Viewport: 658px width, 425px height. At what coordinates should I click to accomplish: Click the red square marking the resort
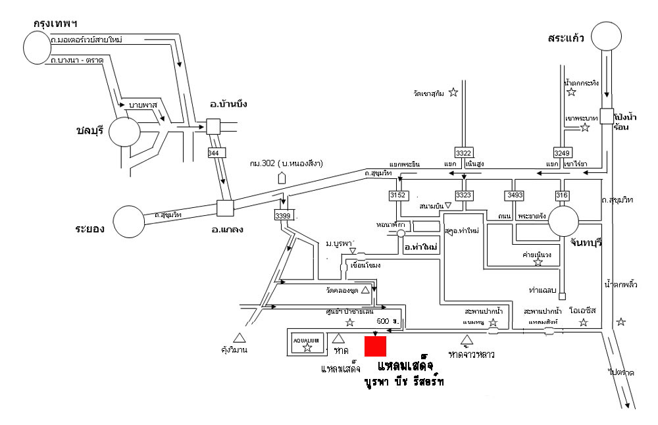pos(375,345)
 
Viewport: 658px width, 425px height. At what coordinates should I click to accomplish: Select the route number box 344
pos(213,153)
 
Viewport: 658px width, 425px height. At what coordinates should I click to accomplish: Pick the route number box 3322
pos(464,151)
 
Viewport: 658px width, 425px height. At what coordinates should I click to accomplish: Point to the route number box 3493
pos(514,195)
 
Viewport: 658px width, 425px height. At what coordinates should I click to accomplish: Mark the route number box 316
pos(561,195)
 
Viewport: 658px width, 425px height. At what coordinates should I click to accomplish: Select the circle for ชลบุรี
pos(125,132)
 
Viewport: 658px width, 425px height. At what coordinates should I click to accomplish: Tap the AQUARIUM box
pos(307,343)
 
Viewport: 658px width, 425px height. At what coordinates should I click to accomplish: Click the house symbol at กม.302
pos(282,177)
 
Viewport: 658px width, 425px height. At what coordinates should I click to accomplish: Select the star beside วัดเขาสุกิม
pos(453,93)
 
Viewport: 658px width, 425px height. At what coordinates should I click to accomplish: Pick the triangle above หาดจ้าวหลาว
pos(467,339)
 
